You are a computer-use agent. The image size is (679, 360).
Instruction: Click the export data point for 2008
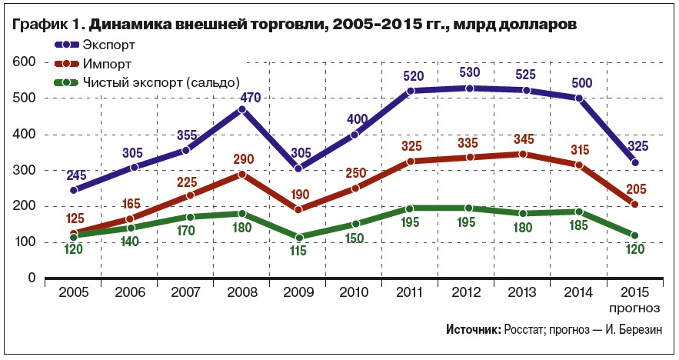(x=241, y=109)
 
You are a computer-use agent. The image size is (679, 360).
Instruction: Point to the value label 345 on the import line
(x=524, y=138)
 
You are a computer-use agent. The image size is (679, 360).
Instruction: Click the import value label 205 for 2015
(x=634, y=190)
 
